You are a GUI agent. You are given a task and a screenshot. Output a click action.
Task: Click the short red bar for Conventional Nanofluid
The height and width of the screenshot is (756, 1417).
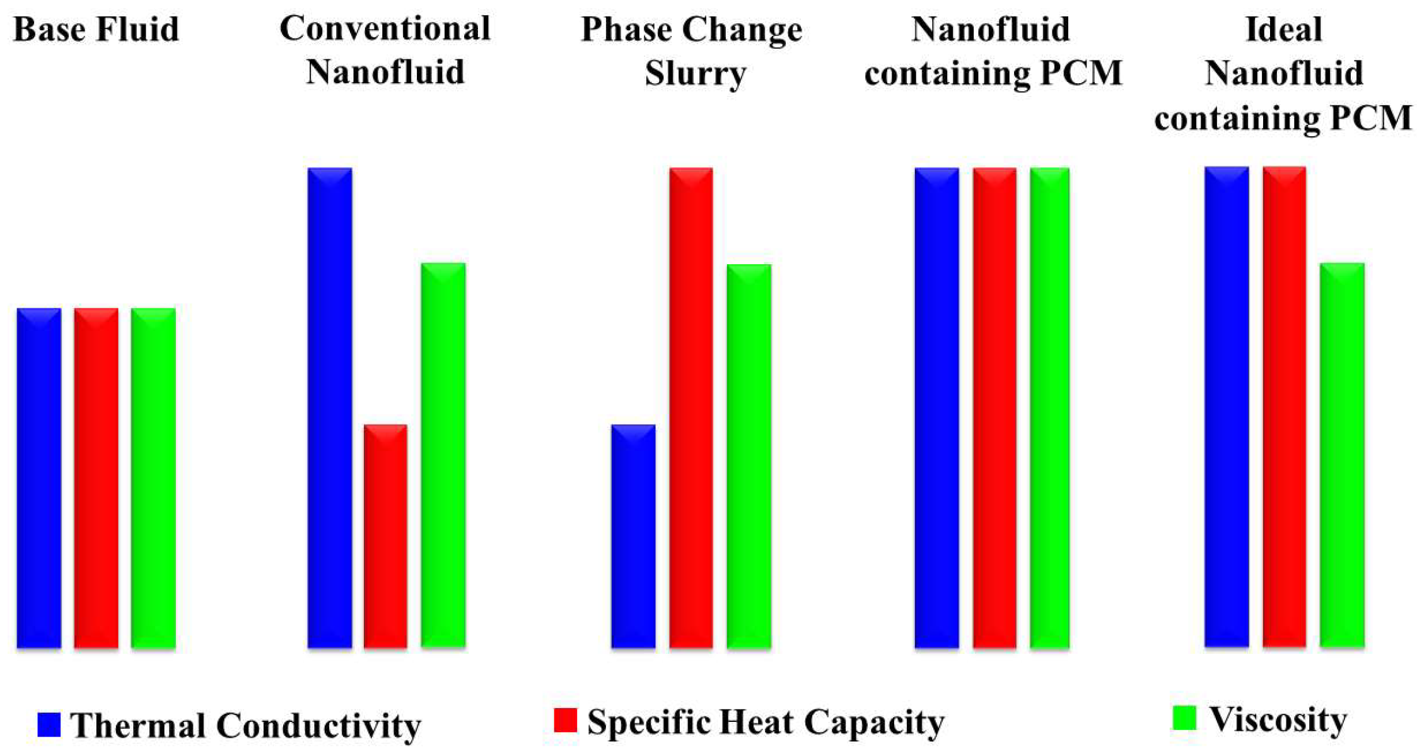385,536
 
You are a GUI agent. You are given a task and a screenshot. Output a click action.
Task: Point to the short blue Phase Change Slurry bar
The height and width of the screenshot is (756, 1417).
633,536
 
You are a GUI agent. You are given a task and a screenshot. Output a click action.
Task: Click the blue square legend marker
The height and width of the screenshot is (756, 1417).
49,724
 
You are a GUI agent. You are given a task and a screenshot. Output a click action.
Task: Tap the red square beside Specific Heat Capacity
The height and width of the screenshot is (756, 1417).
565,720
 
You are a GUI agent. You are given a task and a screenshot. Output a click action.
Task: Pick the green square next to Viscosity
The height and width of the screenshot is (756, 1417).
1184,718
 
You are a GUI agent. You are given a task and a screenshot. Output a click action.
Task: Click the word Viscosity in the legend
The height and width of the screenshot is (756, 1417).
1278,719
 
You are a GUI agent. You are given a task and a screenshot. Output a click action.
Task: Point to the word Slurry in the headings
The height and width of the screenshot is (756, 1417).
695,73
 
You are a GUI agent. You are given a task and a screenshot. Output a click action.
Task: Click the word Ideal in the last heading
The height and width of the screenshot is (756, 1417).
1283,30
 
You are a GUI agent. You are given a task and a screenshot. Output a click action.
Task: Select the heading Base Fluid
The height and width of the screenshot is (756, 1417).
96,30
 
